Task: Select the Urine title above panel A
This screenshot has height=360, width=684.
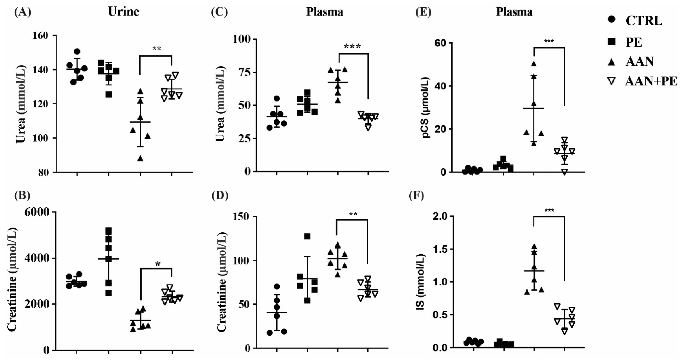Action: (x=123, y=12)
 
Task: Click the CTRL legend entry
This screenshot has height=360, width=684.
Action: (x=644, y=21)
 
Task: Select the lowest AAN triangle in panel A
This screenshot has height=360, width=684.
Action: (x=140, y=159)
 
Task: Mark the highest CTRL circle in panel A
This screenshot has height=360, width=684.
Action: (x=77, y=51)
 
